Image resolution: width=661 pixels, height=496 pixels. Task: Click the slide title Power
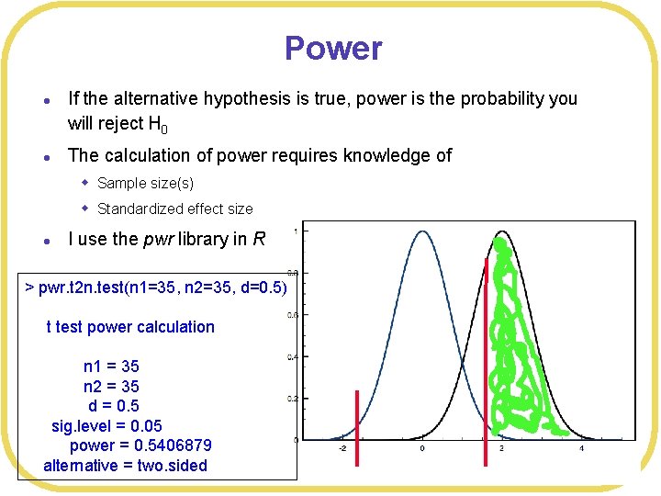tap(332, 49)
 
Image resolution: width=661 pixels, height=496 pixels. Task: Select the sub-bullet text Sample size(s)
tap(145, 183)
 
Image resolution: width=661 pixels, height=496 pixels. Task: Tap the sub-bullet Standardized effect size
tap(174, 209)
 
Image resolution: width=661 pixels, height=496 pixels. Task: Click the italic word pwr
tap(161, 239)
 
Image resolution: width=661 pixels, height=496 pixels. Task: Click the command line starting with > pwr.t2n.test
tap(156, 287)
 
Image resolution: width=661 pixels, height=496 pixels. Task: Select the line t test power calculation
tap(130, 327)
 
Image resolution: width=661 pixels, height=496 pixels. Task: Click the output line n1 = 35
tap(111, 366)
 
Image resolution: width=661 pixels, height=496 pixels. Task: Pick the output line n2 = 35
tap(111, 386)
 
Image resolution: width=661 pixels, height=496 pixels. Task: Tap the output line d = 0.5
tap(113, 406)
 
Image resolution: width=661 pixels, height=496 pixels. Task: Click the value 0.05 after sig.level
tap(147, 425)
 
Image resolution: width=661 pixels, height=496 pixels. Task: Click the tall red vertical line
tap(486, 349)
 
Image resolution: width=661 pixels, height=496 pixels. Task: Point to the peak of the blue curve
tap(422, 232)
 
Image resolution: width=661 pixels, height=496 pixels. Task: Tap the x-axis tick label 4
tap(581, 449)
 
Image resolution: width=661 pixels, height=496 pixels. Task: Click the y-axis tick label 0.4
tap(291, 356)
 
